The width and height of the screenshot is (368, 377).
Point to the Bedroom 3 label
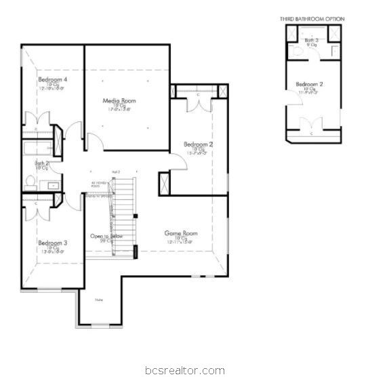tap(52, 243)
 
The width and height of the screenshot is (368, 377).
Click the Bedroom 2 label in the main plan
tap(199, 144)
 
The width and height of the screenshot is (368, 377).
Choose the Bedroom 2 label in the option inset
tap(310, 84)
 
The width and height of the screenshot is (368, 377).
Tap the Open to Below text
tap(106, 236)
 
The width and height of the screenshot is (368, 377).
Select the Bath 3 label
tap(311, 41)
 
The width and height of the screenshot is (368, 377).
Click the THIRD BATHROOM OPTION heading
tap(312, 19)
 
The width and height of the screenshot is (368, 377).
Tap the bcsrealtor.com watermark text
tap(184, 370)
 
